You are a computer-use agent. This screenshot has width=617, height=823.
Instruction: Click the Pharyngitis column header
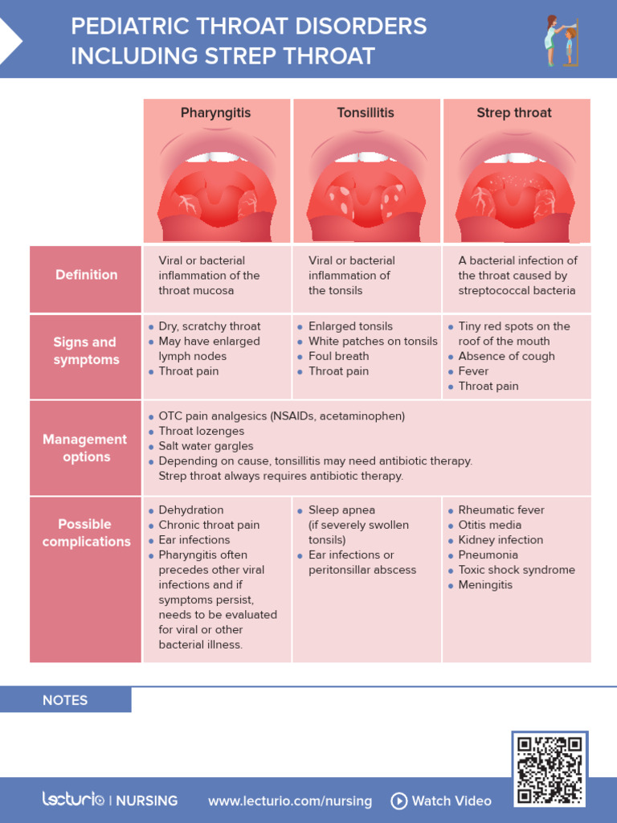(215, 113)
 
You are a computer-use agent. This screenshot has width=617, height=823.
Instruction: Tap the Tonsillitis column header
(366, 113)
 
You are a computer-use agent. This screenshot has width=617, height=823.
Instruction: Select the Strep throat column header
(514, 113)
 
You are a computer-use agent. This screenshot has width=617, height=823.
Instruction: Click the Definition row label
(86, 275)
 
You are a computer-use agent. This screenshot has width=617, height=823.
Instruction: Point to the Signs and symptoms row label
(86, 351)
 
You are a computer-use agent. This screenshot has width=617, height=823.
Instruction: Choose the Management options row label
(86, 448)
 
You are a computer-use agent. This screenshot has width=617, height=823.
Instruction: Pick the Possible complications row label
(86, 533)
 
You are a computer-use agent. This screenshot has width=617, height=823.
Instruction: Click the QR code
(550, 769)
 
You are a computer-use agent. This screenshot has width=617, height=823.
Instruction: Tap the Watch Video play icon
(398, 800)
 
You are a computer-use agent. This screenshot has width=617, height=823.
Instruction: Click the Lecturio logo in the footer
(73, 800)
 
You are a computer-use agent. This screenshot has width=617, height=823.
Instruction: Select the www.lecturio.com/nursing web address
(290, 801)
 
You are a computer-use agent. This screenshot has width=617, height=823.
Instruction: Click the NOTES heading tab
(65, 700)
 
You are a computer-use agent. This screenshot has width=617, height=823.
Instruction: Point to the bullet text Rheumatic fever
(501, 510)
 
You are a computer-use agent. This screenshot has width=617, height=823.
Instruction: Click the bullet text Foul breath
(339, 356)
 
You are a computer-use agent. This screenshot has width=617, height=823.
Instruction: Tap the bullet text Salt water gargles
(206, 446)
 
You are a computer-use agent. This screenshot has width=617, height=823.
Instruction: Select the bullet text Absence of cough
(506, 356)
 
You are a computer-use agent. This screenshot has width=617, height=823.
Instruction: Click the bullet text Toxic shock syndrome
(517, 570)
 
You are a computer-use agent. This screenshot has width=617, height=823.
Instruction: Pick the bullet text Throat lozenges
(202, 432)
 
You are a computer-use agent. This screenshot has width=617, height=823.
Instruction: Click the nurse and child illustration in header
(561, 40)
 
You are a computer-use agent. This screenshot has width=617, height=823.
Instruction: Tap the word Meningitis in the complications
(485, 585)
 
